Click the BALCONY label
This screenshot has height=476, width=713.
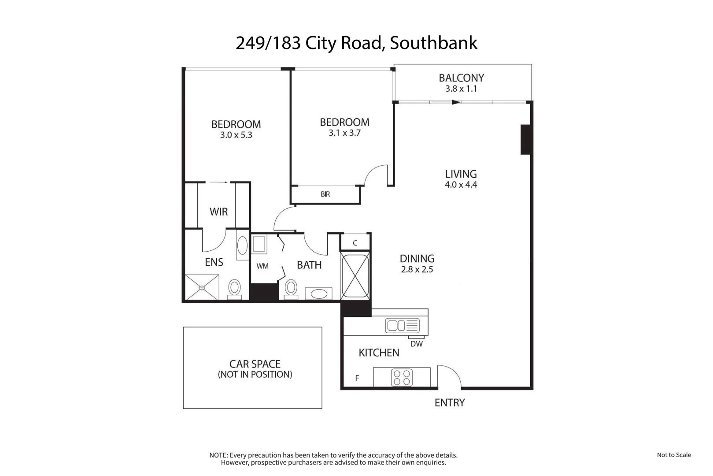461,78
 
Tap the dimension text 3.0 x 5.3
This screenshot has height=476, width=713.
236,135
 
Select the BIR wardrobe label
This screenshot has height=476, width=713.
325,194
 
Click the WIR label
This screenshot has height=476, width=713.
218,212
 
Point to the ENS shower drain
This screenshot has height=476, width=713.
202,288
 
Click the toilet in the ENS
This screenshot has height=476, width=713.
234,289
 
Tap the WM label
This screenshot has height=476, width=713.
262,266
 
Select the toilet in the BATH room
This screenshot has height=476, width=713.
291,289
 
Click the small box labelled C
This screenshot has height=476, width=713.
355,243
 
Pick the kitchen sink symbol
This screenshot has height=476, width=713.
402,326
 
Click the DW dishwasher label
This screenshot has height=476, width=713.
416,344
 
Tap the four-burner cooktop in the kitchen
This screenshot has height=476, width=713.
402,378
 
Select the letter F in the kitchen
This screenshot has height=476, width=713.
357,378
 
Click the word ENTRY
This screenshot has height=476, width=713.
449,403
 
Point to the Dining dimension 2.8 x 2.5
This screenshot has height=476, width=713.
417,270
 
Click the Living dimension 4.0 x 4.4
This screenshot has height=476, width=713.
461,185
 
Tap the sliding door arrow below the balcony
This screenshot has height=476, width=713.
456,102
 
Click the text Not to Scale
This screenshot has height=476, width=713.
673,455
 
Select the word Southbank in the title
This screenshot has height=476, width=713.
433,43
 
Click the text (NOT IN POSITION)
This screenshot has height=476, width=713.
255,375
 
